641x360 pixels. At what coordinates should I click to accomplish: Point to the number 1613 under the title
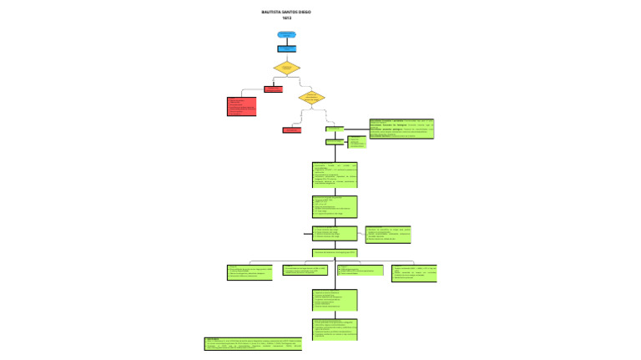[x=286, y=18]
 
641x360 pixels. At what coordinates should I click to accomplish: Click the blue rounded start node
[x=286, y=35]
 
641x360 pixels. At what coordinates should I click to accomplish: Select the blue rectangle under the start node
[x=286, y=49]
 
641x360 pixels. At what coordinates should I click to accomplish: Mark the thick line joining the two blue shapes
[x=286, y=42]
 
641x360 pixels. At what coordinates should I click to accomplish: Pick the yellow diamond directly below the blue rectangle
[x=286, y=68]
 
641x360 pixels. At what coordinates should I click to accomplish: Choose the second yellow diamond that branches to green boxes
[x=311, y=97]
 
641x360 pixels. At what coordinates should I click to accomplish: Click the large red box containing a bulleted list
[x=241, y=107]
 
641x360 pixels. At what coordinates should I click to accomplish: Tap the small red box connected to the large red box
[x=273, y=89]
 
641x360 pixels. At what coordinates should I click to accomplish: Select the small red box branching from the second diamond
[x=291, y=129]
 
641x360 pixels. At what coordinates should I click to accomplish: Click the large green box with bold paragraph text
[x=401, y=128]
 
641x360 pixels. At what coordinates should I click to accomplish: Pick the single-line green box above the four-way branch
[x=335, y=251]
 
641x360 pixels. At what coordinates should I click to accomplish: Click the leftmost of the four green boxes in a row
[x=250, y=272]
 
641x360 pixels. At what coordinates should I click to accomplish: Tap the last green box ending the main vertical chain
[x=335, y=328]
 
